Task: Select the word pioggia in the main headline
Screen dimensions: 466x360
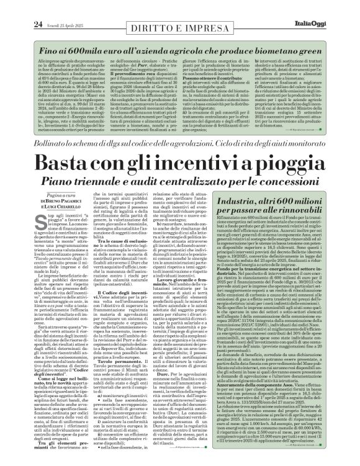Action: pos(292,150)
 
